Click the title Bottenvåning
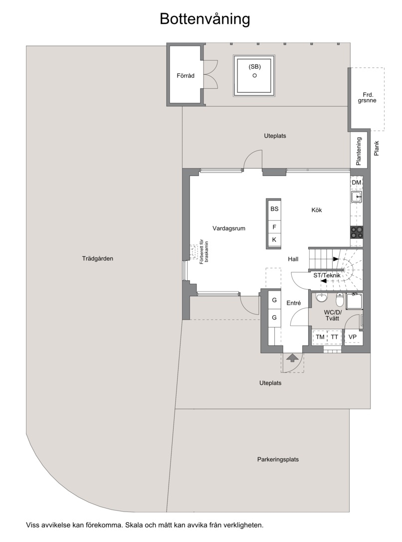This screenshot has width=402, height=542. [204, 19]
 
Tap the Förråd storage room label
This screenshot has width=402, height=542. [186, 75]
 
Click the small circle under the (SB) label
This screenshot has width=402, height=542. [255, 75]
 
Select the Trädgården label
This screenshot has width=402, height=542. [97, 258]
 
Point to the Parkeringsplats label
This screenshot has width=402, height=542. [278, 459]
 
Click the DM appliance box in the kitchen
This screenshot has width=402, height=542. [357, 182]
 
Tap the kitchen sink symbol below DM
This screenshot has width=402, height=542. [357, 197]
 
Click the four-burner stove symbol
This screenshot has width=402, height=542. [357, 231]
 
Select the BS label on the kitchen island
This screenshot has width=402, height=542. [274, 209]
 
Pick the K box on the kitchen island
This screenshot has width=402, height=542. [274, 239]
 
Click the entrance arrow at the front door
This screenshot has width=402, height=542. [293, 358]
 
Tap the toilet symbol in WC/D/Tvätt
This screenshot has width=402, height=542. [340, 300]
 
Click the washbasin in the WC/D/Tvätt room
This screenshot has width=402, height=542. [322, 298]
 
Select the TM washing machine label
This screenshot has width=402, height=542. [320, 337]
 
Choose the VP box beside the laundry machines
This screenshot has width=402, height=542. [353, 337]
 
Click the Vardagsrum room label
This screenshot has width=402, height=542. [229, 228]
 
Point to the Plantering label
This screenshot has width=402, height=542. [359, 151]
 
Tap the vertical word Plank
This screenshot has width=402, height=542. [377, 148]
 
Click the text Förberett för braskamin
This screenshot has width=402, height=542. [204, 255]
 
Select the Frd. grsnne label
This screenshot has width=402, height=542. [367, 97]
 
